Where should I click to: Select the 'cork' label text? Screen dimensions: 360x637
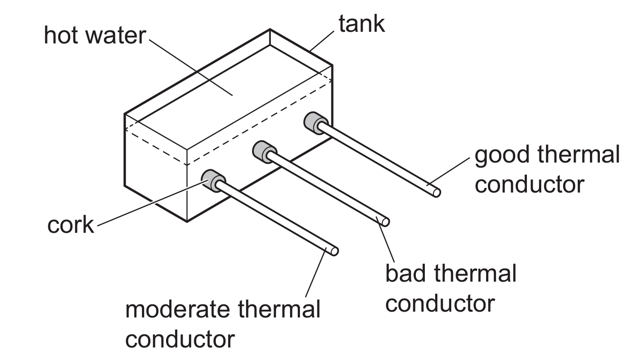click(x=71, y=226)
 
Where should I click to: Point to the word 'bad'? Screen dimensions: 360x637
click(x=404, y=274)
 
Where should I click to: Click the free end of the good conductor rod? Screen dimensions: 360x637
click(x=436, y=193)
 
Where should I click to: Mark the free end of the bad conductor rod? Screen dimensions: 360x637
click(x=385, y=222)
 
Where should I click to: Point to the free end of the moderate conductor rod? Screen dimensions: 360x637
click(x=334, y=251)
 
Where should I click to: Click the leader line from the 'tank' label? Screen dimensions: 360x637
click(x=322, y=39)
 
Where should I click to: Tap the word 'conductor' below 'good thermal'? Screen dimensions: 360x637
click(x=529, y=184)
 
